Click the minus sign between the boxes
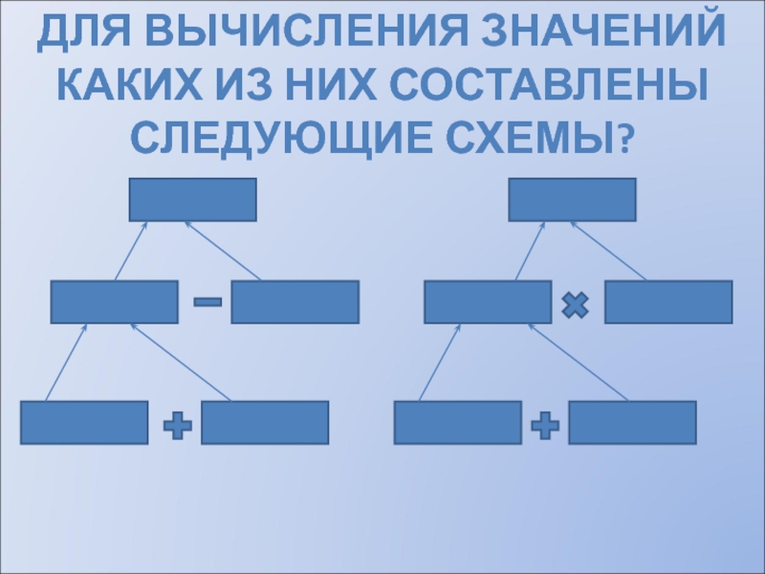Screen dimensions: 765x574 click(207, 302)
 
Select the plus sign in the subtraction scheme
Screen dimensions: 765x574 click(177, 426)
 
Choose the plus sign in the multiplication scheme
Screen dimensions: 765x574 click(544, 426)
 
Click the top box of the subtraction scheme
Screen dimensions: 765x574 click(193, 200)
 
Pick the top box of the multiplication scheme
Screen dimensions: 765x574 click(572, 200)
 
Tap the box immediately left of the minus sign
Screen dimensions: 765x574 click(115, 301)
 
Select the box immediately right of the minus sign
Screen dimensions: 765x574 click(295, 301)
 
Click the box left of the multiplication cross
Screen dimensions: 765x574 click(488, 301)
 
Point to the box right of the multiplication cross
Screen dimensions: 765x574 click(668, 301)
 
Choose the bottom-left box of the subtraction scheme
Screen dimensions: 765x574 click(84, 422)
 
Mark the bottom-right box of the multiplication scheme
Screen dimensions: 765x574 click(632, 422)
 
